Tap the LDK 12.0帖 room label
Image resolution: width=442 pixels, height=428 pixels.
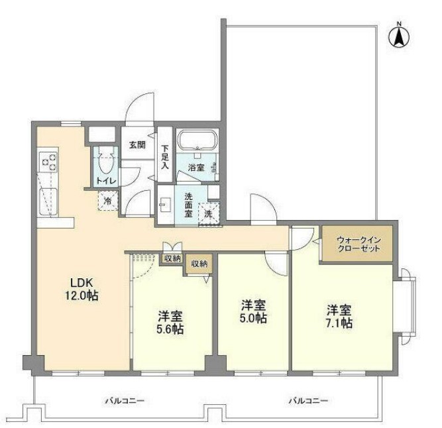click(x=82, y=289)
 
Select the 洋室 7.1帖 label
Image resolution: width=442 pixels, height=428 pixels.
click(x=339, y=317)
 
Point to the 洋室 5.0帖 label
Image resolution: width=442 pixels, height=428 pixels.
click(x=253, y=311)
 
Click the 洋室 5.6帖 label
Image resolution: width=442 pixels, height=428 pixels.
click(x=170, y=323)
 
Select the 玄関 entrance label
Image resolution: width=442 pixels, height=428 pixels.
click(x=137, y=145)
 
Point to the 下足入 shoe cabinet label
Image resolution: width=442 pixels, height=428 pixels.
click(x=165, y=157)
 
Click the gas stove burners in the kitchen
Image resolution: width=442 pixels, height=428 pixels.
click(x=48, y=162)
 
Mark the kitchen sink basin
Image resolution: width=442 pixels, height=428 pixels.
click(x=48, y=202)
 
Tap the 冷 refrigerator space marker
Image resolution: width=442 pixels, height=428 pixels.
click(x=107, y=201)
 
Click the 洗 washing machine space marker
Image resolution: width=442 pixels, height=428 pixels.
click(x=208, y=214)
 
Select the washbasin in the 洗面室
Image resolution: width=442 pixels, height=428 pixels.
click(x=166, y=205)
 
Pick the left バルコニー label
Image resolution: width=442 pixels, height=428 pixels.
click(x=125, y=401)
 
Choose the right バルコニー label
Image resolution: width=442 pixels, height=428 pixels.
click(x=308, y=401)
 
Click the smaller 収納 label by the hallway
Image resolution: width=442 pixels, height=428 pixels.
click(x=172, y=258)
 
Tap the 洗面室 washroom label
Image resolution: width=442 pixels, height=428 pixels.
click(x=188, y=205)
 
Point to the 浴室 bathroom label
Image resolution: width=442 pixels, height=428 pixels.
click(x=196, y=168)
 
